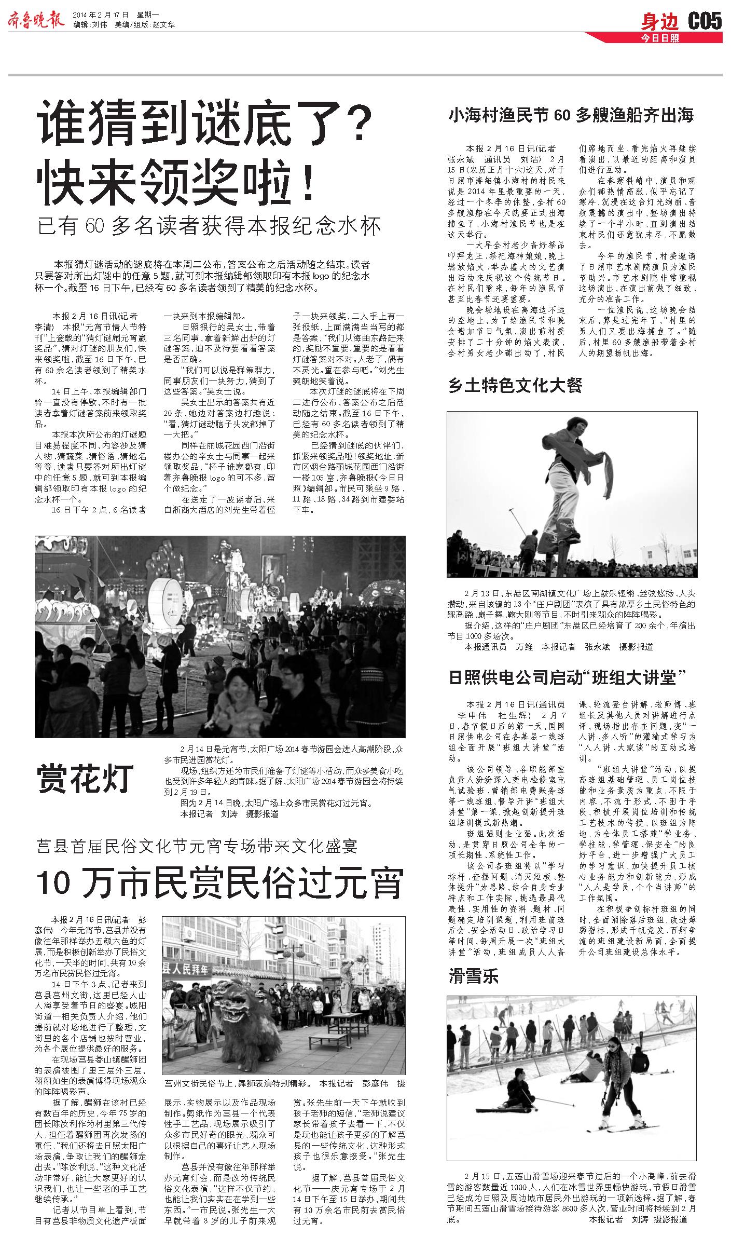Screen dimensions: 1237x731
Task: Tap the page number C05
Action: [705, 21]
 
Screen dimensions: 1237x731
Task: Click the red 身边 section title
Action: [659, 22]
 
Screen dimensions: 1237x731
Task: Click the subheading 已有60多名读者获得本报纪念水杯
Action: [210, 226]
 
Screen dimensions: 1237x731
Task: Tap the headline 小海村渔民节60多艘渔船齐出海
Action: [571, 115]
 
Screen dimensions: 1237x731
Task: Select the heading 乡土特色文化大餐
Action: [516, 385]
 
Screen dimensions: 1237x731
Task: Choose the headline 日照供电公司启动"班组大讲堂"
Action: [568, 677]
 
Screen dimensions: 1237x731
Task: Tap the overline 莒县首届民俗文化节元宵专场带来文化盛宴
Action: [197, 847]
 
